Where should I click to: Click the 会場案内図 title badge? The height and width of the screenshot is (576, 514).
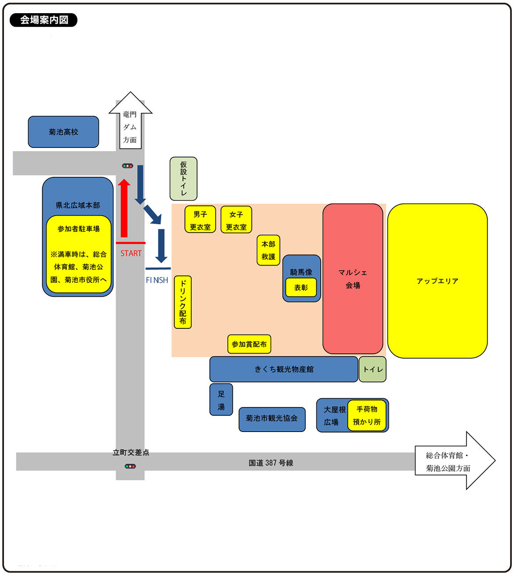tap(43, 20)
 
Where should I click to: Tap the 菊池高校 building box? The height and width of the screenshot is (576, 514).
tap(63, 132)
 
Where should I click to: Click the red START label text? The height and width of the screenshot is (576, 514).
tap(131, 253)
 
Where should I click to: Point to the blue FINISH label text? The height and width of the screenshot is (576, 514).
tap(157, 280)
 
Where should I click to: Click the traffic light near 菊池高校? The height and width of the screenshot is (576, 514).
tap(127, 166)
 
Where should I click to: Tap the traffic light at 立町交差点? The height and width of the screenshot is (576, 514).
tap(130, 466)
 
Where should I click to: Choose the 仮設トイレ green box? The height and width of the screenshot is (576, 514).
tap(183, 179)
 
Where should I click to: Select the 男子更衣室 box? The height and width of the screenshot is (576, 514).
tap(200, 220)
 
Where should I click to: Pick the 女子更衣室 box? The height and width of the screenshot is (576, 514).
tap(236, 220)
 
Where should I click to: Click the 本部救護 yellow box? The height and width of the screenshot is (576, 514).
tap(268, 250)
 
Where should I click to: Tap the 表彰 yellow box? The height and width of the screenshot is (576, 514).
tap(301, 288)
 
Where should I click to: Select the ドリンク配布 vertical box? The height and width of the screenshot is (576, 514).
tap(183, 302)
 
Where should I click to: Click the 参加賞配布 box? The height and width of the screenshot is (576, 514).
tap(249, 344)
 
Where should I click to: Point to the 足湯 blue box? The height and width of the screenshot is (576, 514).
tap(221, 400)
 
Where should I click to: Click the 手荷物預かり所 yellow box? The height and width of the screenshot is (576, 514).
tap(367, 415)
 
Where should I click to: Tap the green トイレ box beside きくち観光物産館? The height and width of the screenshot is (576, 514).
tap(373, 369)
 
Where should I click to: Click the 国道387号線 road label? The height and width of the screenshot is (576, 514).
tap(271, 463)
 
